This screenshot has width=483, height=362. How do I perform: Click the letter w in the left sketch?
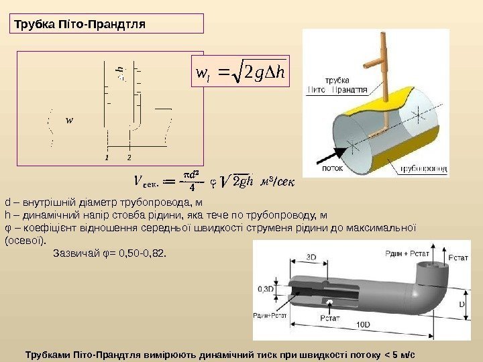tap(69, 121)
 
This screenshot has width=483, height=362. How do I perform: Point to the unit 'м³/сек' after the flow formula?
tap(277, 179)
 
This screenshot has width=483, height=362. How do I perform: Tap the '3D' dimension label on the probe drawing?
tap(311, 257)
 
